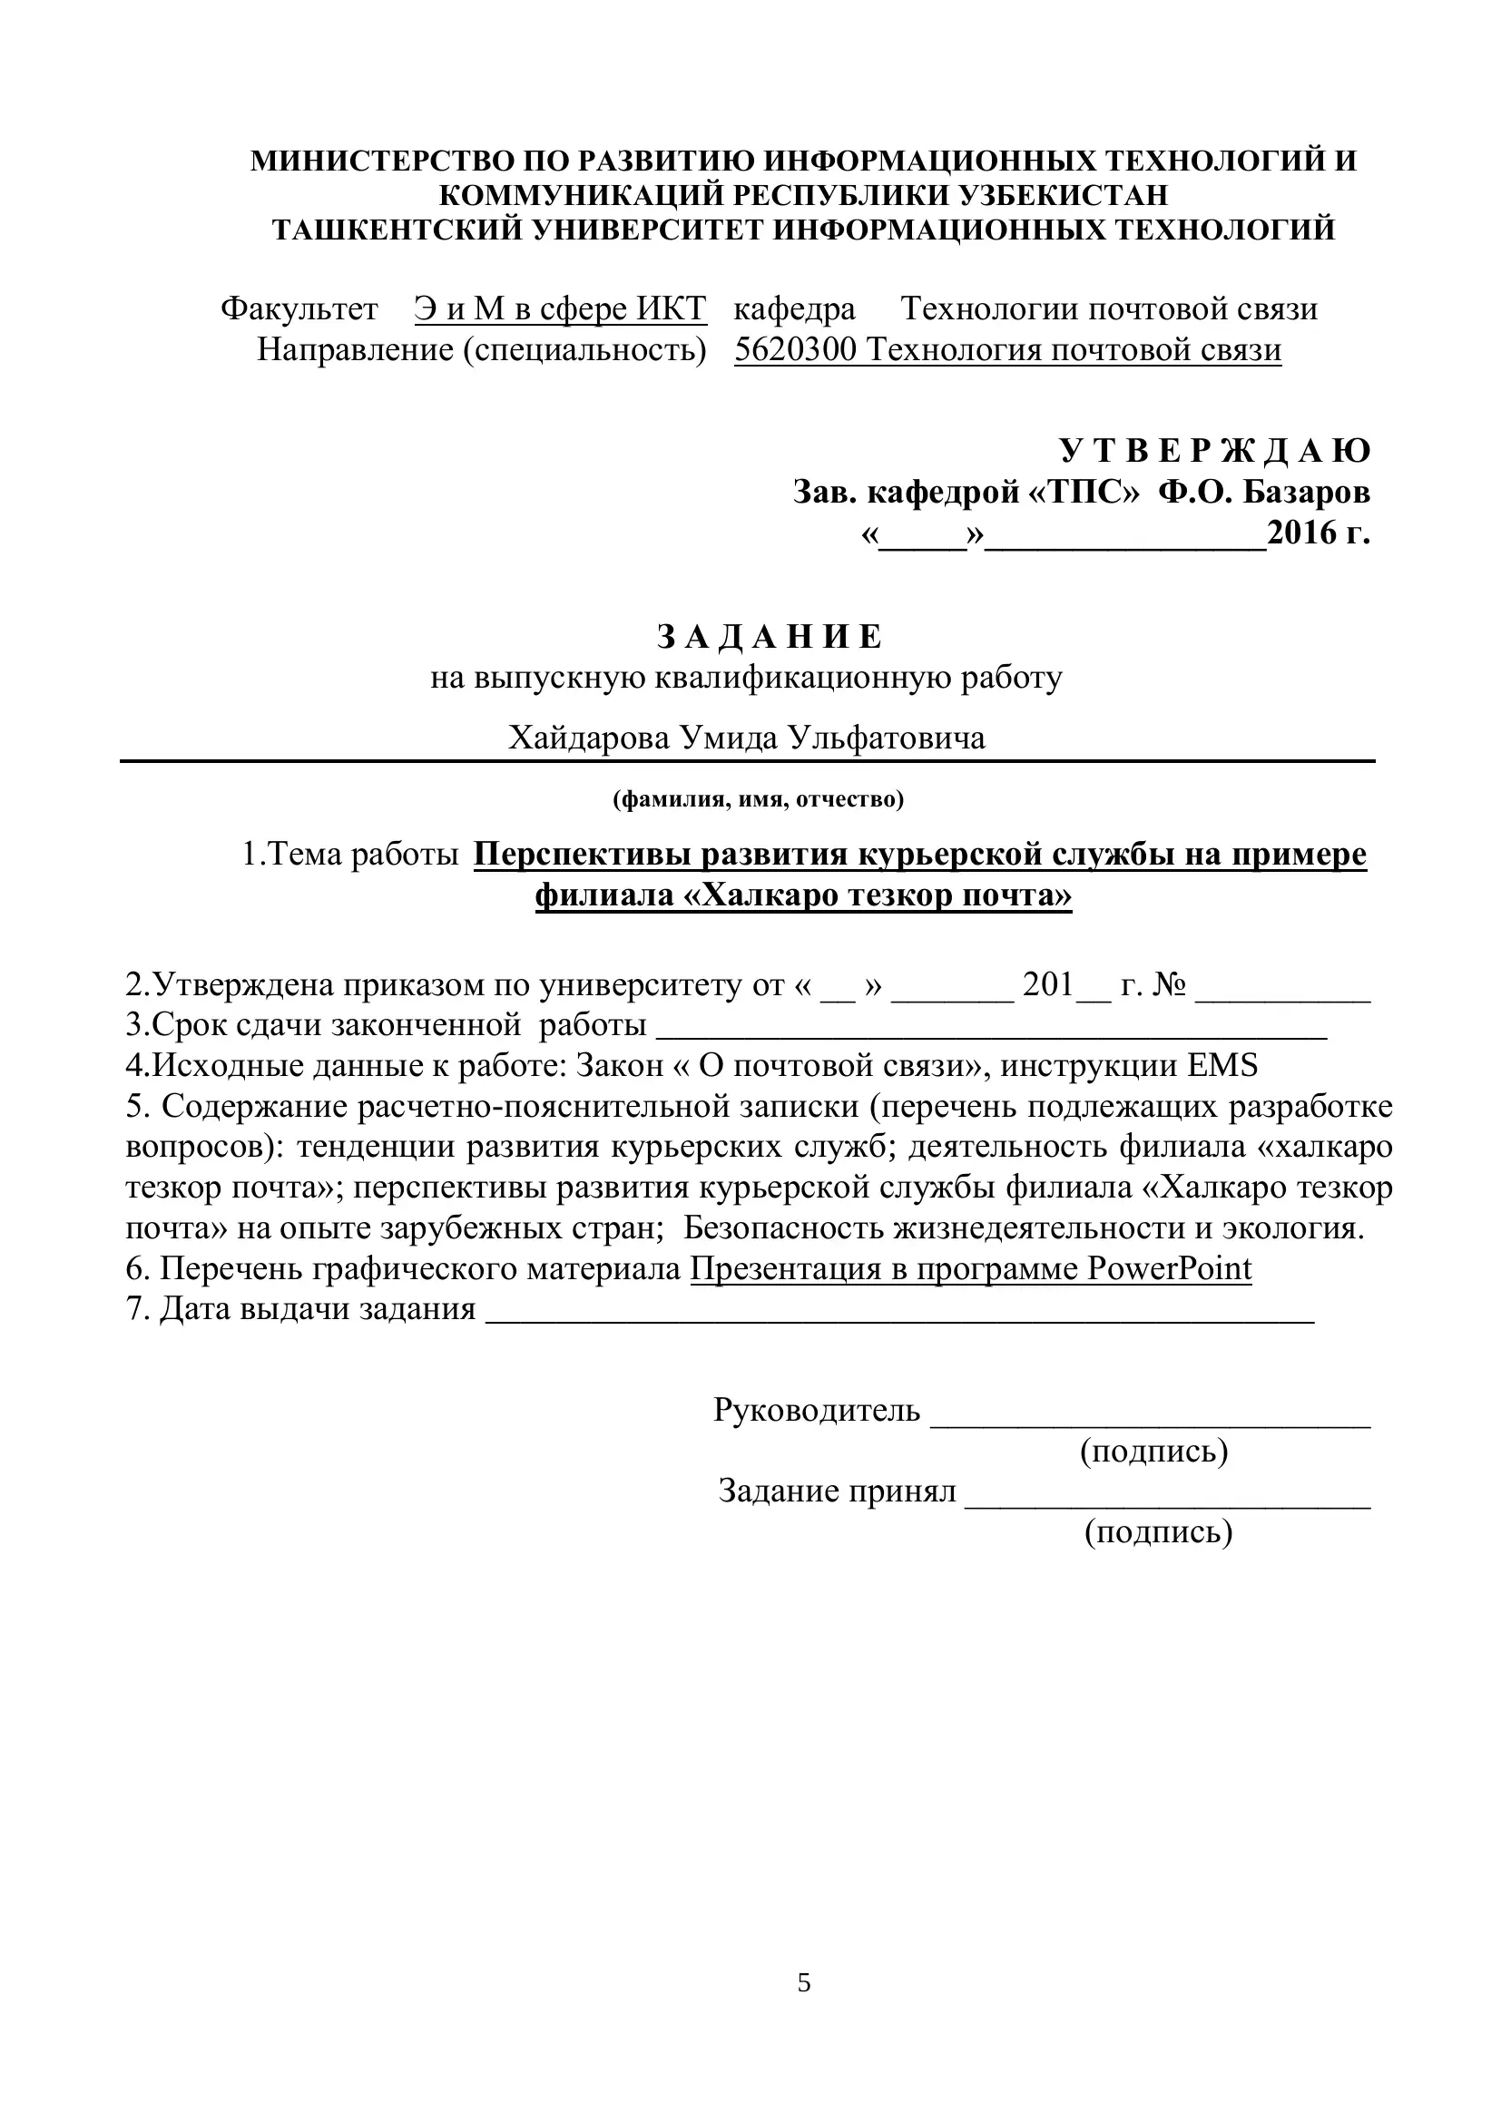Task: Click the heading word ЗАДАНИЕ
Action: pos(770,637)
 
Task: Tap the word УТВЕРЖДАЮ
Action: pos(1214,450)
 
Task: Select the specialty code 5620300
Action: pos(796,349)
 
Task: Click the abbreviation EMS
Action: pos(1222,1066)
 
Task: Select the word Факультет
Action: pos(299,308)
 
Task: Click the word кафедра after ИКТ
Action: pos(795,308)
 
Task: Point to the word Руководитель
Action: pos(817,1410)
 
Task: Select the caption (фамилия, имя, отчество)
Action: pos(758,798)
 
